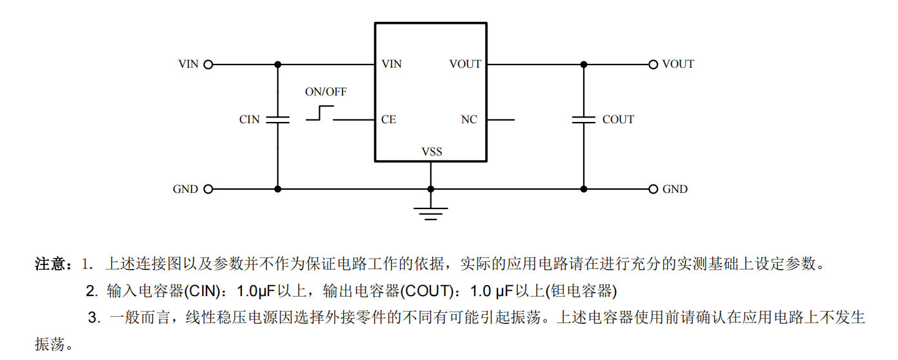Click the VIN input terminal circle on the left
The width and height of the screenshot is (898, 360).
tap(208, 65)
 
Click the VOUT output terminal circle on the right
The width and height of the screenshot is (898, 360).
tap(653, 65)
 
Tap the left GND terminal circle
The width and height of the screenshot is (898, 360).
tap(208, 189)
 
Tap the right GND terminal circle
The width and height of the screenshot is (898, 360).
tap(653, 189)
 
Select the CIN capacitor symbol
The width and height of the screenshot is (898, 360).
tap(278, 119)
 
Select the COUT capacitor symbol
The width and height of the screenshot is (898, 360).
tap(584, 119)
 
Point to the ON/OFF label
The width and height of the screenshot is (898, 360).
tap(326, 92)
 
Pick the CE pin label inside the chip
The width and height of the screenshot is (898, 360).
tap(388, 120)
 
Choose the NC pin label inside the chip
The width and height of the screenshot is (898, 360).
tap(469, 120)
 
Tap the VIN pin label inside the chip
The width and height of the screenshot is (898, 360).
tap(392, 65)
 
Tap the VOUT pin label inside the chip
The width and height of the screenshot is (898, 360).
tap(465, 65)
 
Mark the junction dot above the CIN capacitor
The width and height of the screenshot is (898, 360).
tap(278, 65)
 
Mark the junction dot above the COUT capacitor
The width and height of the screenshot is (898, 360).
tap(584, 65)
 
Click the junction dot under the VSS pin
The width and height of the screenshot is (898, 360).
tap(431, 189)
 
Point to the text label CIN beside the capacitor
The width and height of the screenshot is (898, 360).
tap(250, 120)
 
